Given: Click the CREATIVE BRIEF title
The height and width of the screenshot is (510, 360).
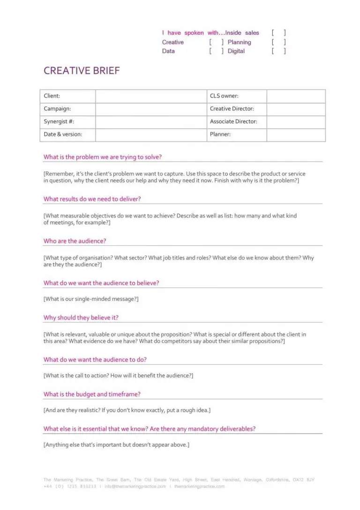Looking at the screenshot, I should (x=82, y=71).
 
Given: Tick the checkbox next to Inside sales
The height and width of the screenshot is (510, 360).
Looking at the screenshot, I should (x=278, y=33).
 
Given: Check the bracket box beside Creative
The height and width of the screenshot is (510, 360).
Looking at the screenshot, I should (x=216, y=42).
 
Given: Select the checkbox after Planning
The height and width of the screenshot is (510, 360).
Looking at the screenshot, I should (x=278, y=42).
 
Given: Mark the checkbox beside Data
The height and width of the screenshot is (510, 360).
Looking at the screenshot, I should (x=216, y=51).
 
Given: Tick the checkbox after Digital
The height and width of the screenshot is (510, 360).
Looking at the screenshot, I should (x=278, y=51).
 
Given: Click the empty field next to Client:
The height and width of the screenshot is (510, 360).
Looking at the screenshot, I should (x=150, y=96).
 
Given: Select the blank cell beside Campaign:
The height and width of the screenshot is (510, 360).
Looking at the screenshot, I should (x=150, y=109).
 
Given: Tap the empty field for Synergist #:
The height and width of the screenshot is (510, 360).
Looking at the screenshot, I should (x=150, y=122).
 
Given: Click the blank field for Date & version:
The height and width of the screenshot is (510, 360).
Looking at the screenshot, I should (x=150, y=135).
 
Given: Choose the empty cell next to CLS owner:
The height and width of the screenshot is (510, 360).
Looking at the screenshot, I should (x=296, y=96).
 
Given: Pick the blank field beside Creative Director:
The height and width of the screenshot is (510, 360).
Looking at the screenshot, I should (x=296, y=109).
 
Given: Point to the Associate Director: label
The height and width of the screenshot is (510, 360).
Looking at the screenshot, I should (x=233, y=122).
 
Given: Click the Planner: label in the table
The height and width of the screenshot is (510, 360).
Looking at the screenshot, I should (x=220, y=135).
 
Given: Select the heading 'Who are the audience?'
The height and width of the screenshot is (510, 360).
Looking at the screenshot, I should (x=75, y=241).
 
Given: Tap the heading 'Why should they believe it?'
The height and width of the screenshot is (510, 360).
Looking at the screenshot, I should (x=81, y=318).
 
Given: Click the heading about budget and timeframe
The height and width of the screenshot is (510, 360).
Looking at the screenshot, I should (x=92, y=395).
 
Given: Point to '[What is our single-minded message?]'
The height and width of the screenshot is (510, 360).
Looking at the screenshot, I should (x=91, y=299).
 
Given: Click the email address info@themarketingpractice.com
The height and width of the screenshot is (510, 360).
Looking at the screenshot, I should (x=135, y=487).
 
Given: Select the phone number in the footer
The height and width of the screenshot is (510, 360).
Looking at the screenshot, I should (x=70, y=487).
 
